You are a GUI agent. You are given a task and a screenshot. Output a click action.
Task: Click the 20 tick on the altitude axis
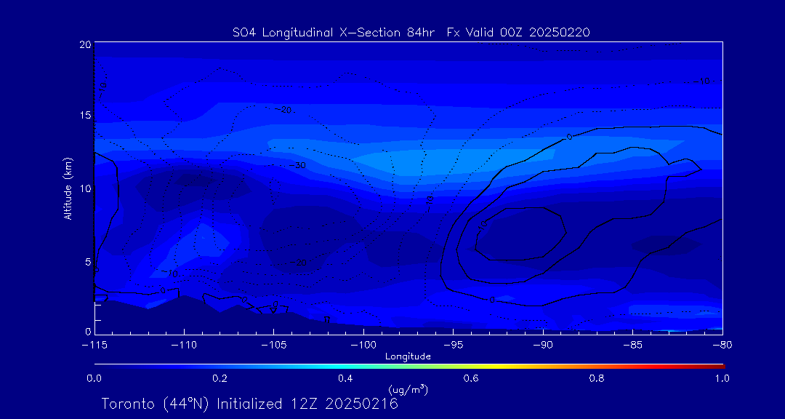[85, 44]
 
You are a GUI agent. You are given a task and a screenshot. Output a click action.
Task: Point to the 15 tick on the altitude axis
[85, 116]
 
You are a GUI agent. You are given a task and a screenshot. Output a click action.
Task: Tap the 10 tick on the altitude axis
[85, 188]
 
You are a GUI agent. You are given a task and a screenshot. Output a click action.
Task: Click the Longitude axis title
[408, 356]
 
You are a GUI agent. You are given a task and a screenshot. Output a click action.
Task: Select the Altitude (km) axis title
[68, 188]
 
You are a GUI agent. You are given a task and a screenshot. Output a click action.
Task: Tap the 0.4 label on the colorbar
[345, 378]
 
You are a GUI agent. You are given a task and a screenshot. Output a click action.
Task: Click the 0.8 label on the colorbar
[597, 378]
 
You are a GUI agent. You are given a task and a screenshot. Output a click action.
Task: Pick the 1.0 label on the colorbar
[722, 378]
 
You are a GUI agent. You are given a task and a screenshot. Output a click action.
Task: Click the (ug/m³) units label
[408, 390]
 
